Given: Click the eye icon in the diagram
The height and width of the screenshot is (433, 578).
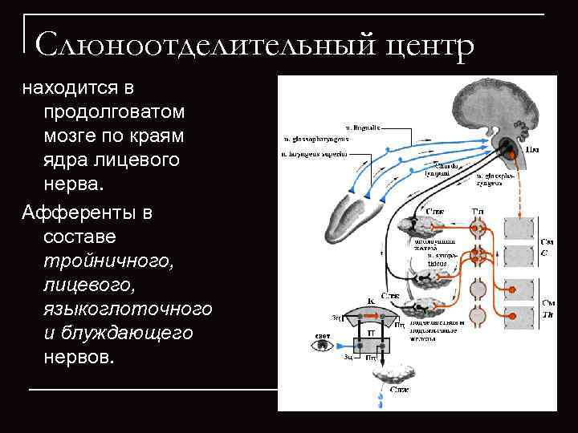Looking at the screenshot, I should coord(322,346).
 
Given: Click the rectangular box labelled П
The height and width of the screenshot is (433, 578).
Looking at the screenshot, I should coord(372,330).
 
